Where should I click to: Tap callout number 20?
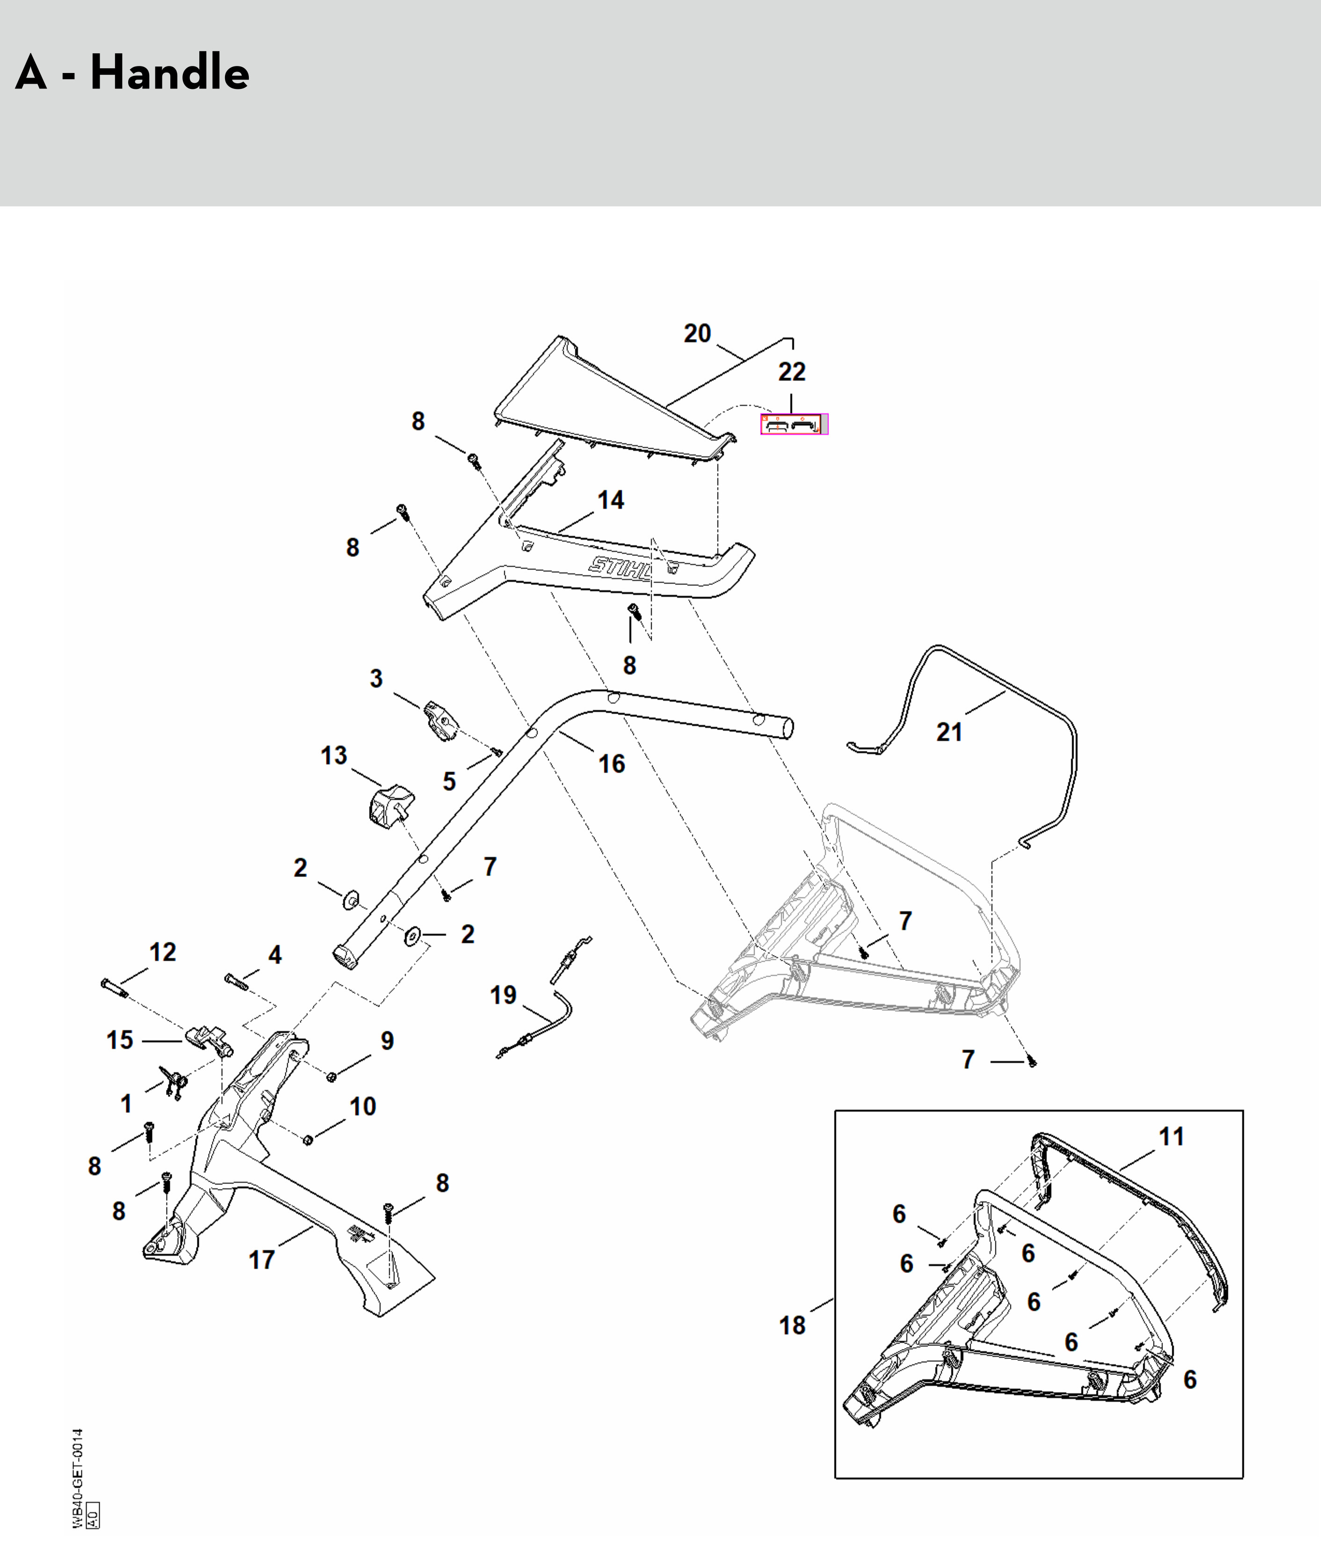click(697, 333)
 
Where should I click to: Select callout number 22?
click(791, 372)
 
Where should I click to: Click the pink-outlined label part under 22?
click(795, 424)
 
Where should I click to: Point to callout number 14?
click(610, 500)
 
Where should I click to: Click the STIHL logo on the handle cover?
click(620, 567)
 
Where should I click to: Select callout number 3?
click(376, 678)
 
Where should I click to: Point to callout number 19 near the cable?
click(503, 995)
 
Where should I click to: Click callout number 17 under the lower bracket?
click(261, 1259)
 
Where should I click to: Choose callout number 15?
click(120, 1040)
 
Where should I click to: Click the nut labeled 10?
click(307, 1140)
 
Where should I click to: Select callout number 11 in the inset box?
click(1172, 1136)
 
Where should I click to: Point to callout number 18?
click(792, 1325)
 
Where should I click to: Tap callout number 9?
click(387, 1040)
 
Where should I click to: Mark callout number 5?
click(450, 782)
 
